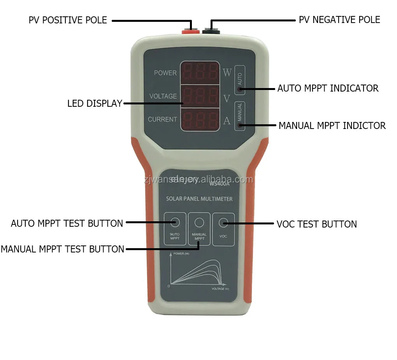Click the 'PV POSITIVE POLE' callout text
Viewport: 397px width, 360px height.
(x=68, y=20)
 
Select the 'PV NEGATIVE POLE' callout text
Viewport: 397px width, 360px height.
(x=339, y=19)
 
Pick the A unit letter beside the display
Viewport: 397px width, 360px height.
(x=227, y=121)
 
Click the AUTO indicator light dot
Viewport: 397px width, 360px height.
(x=240, y=89)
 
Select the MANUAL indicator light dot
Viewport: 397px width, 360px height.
(x=240, y=125)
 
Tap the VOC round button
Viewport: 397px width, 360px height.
(x=223, y=222)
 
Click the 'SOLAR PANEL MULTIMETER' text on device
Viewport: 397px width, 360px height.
(x=199, y=199)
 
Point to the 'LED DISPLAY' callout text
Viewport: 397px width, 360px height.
(x=95, y=103)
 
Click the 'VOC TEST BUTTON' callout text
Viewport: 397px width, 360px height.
(x=317, y=224)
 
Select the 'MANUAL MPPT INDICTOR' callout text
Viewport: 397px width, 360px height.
(x=332, y=125)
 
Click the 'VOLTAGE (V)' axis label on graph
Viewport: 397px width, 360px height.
(x=220, y=289)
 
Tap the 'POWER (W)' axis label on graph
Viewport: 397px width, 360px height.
(x=181, y=254)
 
